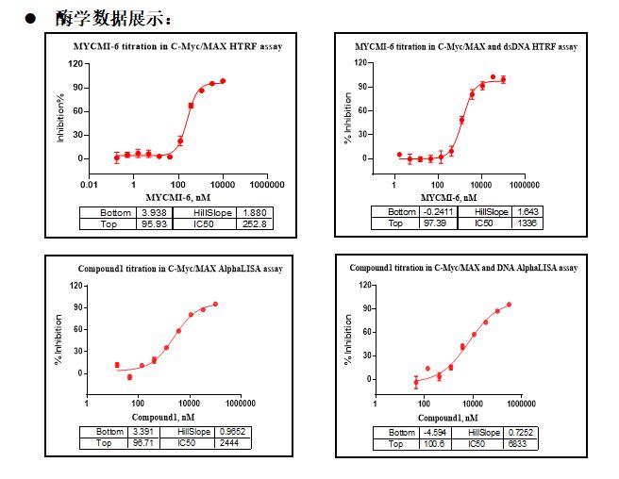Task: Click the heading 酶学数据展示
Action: tap(115, 19)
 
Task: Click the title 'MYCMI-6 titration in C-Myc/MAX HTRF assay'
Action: tap(178, 46)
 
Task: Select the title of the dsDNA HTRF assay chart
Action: tap(467, 46)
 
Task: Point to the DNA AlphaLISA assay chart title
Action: tap(463, 268)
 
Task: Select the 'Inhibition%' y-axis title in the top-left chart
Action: tap(61, 117)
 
